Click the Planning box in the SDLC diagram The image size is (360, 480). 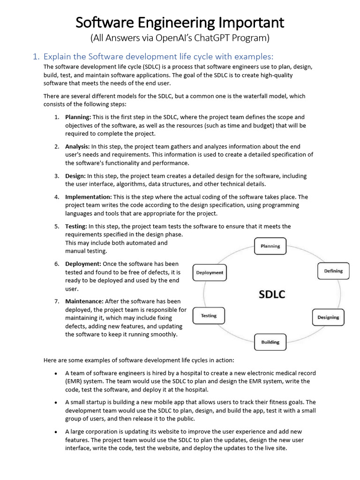coord(270,246)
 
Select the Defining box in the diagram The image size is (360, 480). coord(333,271)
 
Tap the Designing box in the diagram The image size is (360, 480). coord(328,317)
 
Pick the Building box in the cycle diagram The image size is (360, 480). coord(270,342)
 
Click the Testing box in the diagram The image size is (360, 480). coord(209,316)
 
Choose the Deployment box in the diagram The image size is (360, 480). coord(210,273)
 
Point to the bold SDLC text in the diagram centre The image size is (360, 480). coord(272,294)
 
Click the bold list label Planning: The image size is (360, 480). coord(78,117)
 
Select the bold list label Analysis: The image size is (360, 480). coord(77,146)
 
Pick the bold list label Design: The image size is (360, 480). coord(75,176)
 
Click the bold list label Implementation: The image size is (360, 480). coord(89,197)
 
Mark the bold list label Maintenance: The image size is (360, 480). coord(84,301)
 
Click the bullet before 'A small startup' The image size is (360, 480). coord(56,403)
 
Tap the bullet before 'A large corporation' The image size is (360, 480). coord(56,432)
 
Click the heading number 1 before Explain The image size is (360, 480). coord(35,57)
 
